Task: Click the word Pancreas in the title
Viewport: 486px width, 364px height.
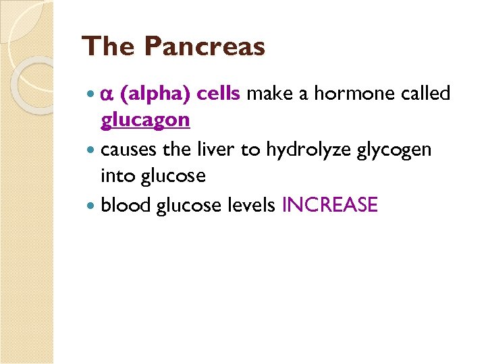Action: [x=205, y=47]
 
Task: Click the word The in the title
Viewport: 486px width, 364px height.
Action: [x=109, y=47]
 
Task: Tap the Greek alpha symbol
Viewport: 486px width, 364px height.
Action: [x=107, y=94]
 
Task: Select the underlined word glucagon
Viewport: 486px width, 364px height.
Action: [x=145, y=121]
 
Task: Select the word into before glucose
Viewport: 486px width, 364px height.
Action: [x=116, y=175]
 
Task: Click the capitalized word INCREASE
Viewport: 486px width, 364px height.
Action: [x=329, y=204]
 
